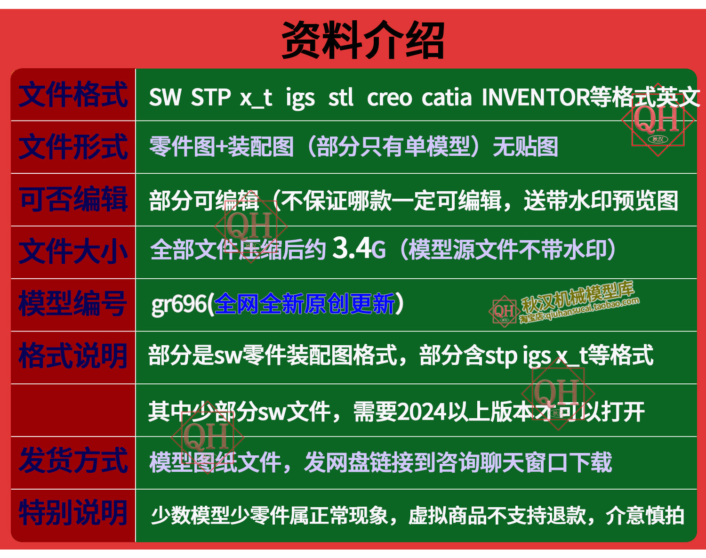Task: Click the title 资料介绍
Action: pos(363,40)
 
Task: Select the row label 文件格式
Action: pos(73,95)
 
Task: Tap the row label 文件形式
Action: pos(73,147)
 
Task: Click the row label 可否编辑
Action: pos(73,199)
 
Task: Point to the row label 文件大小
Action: pos(73,251)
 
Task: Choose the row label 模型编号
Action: pos(72,304)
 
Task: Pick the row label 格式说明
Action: pos(72,356)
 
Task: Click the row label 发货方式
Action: pos(73,461)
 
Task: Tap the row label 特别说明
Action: pos(72,513)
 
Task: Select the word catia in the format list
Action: pos(447,97)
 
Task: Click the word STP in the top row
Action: pos(210,97)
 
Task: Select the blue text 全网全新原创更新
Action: pos(305,304)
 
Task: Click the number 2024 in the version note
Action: pos(422,412)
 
